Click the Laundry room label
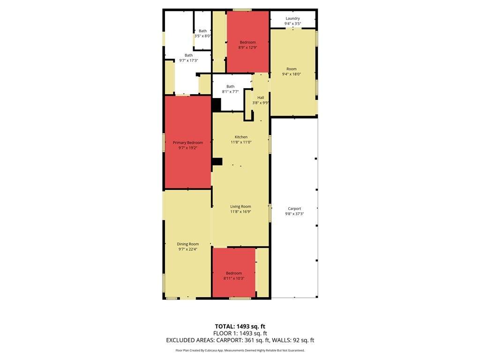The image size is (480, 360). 292,18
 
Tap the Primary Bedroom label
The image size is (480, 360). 187,142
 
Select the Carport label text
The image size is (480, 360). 294,209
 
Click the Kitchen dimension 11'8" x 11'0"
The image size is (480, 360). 241,142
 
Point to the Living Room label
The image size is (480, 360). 240,207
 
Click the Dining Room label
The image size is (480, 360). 187,244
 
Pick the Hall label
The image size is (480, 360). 261,97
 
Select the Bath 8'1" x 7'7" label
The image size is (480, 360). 230,89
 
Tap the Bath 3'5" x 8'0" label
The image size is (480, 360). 202,33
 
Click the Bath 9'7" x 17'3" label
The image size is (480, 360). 188,58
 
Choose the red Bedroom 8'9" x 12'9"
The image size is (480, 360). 247,42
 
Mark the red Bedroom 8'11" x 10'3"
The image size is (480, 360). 234,272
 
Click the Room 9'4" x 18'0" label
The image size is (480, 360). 292,71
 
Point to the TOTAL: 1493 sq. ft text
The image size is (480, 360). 240,326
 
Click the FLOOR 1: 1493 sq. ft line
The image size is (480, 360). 240,333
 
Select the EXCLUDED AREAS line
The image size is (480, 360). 240,340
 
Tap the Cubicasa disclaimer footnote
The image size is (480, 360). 240,350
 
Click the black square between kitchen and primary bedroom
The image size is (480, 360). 217,162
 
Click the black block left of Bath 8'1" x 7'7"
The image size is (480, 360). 217,105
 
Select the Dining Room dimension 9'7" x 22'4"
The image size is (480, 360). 187,249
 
